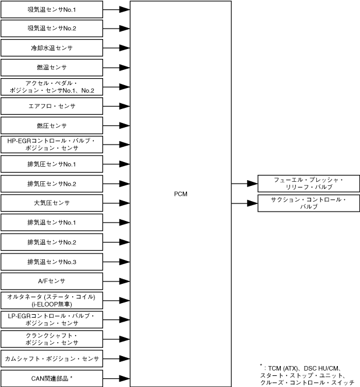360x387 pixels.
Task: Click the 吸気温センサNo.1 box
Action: pos(52,9)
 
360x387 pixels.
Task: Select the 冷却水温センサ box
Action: pos(52,48)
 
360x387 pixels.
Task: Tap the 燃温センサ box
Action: pos(52,68)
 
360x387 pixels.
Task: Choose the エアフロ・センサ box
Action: pos(52,106)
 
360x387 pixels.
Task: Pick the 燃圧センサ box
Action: pos(52,125)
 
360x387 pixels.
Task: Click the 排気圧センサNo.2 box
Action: pos(52,184)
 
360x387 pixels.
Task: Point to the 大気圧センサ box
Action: pos(52,203)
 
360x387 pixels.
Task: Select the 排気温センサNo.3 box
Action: pos(52,261)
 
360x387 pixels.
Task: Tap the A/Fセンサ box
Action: pos(52,281)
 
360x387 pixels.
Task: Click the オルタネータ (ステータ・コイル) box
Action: pos(52,300)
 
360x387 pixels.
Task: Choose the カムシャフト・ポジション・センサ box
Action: pos(52,358)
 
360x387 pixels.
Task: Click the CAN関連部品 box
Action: pos(52,378)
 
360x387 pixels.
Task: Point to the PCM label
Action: pos(181,193)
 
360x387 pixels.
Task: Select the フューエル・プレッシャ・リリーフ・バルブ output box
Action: pos(309,184)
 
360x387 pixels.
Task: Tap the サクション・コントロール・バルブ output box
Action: pos(309,203)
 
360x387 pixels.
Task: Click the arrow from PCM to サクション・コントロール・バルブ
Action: pos(245,203)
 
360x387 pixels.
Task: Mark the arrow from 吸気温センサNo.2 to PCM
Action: pos(117,29)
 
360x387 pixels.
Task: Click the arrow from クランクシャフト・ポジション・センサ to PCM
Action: pos(117,339)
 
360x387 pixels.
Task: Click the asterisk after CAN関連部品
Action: pos(72,377)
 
